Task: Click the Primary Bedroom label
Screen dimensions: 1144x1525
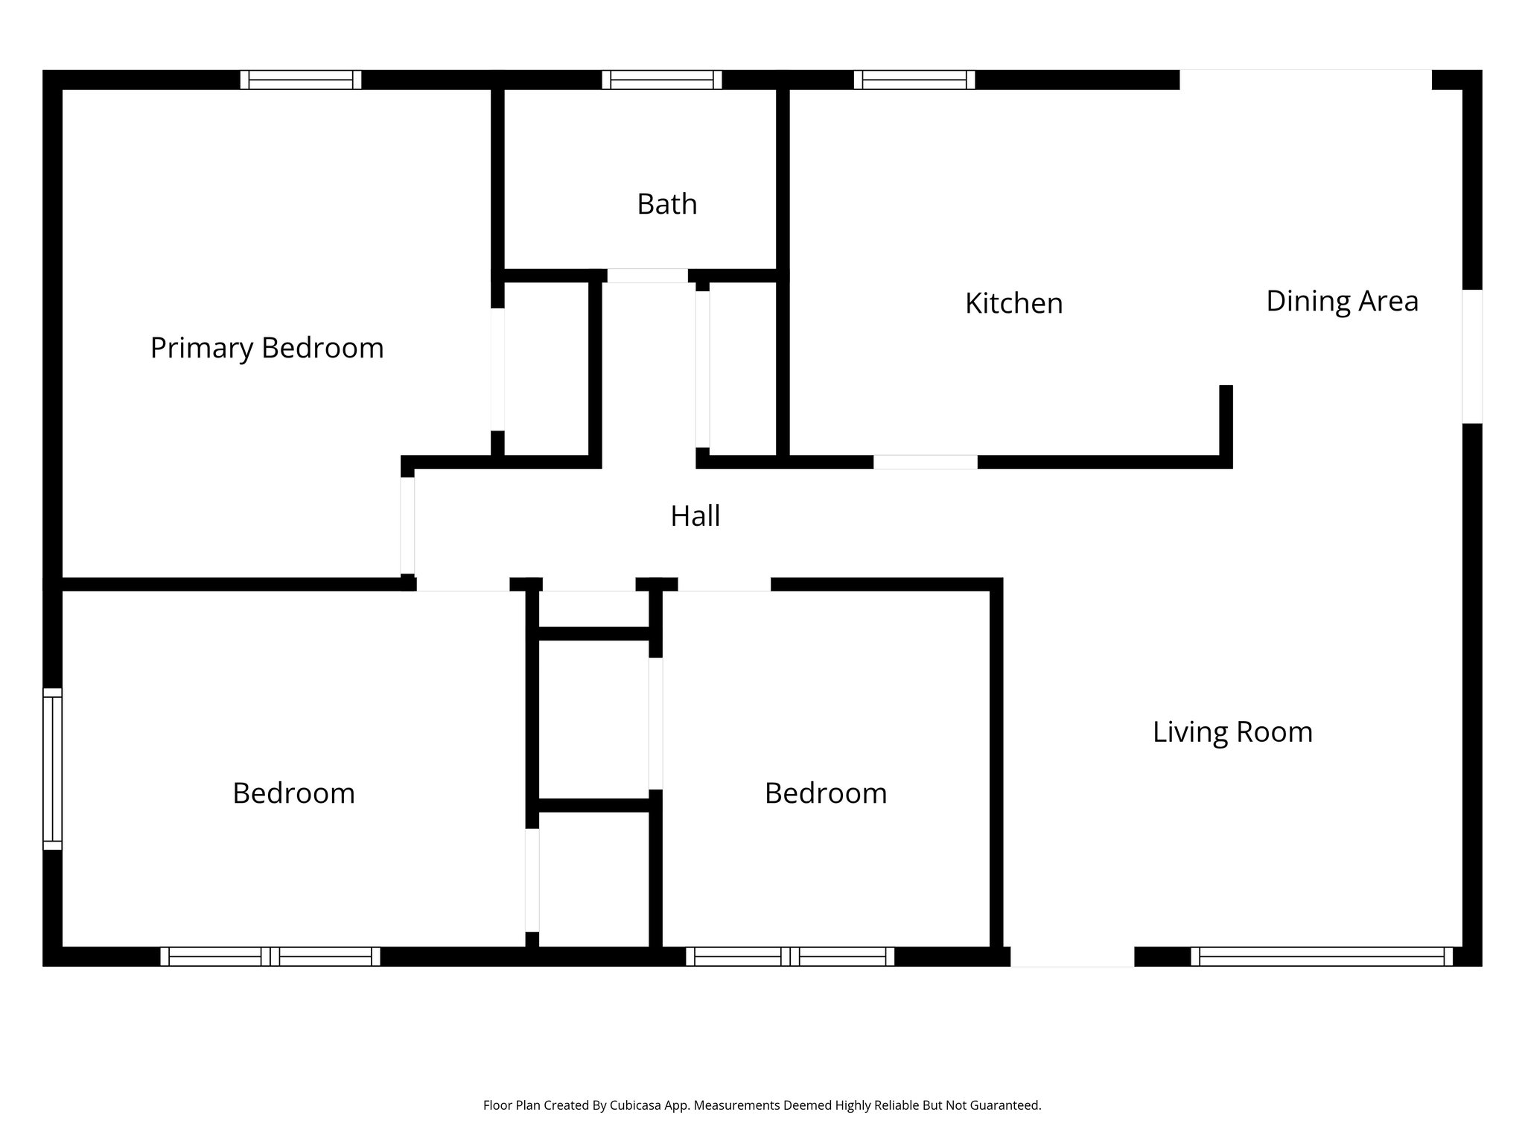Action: pyautogui.click(x=267, y=349)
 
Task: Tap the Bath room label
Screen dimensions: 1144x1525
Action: pyautogui.click(x=666, y=204)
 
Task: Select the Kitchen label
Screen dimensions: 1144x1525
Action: pyautogui.click(x=1013, y=304)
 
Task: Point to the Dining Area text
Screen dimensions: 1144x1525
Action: pyautogui.click(x=1342, y=302)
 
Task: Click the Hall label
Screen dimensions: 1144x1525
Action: pyautogui.click(x=695, y=516)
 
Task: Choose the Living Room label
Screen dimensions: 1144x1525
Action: pyautogui.click(x=1232, y=732)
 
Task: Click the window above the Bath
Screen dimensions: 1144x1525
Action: pyautogui.click(x=661, y=80)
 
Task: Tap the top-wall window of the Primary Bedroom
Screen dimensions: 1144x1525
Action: pyautogui.click(x=301, y=80)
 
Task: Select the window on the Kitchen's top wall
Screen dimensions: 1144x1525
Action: pyautogui.click(x=914, y=80)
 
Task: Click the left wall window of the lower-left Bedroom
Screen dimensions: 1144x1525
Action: pyautogui.click(x=52, y=769)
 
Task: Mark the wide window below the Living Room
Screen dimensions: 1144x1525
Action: pyautogui.click(x=1322, y=956)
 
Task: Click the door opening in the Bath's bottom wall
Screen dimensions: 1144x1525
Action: pyautogui.click(x=647, y=276)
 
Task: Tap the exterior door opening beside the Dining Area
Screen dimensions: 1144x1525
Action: pyautogui.click(x=1471, y=356)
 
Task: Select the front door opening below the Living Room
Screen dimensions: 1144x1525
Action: pyautogui.click(x=1072, y=956)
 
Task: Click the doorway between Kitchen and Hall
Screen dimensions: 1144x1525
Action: pyautogui.click(x=925, y=462)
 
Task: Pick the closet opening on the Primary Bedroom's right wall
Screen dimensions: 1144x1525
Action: pyautogui.click(x=497, y=369)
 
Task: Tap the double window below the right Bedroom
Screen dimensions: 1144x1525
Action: pyautogui.click(x=789, y=956)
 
